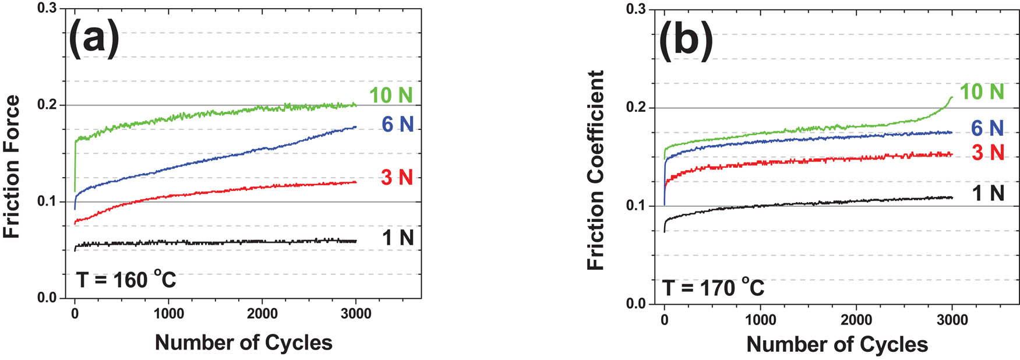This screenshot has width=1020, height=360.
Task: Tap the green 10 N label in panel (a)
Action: [x=390, y=95]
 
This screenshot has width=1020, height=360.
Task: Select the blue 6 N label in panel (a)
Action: [x=397, y=124]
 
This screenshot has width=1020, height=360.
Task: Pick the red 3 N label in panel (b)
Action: [x=988, y=153]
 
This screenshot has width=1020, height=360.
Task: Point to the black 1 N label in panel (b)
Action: [x=989, y=193]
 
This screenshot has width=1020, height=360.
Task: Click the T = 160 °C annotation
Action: [x=126, y=280]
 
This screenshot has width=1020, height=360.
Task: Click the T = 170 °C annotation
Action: [x=713, y=288]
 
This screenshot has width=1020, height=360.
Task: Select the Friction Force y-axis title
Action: [x=12, y=167]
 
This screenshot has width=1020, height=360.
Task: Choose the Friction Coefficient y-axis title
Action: [x=595, y=170]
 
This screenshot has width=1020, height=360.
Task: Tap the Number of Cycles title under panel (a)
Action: [x=243, y=343]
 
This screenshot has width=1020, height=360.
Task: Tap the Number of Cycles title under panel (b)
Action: [x=837, y=344]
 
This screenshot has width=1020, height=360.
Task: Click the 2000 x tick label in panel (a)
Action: [x=262, y=313]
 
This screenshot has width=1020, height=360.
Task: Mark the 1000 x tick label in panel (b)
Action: [x=760, y=319]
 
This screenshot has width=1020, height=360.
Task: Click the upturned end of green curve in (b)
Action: [x=950, y=99]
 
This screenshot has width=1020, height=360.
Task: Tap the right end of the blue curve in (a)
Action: [x=355, y=126]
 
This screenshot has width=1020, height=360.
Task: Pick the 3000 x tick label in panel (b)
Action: [x=952, y=319]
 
